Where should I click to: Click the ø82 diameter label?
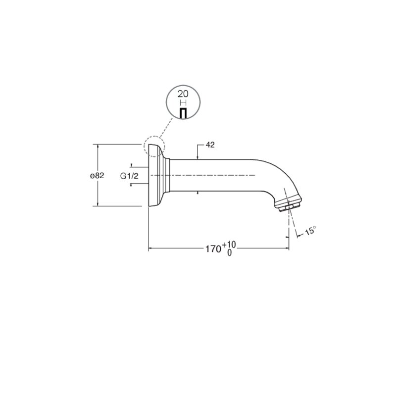click(97, 175)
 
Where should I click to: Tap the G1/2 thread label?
click(129, 176)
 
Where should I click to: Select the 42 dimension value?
click(210, 145)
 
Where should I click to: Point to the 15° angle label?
click(310, 231)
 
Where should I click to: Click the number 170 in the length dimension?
click(213, 249)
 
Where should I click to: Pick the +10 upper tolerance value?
click(229, 245)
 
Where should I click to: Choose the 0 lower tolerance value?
click(229, 252)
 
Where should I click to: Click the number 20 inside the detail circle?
click(183, 94)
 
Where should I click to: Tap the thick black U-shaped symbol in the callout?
click(183, 113)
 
